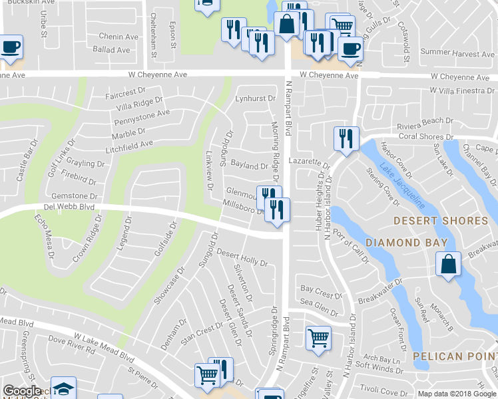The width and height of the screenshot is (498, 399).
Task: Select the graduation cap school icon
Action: [x=63, y=388]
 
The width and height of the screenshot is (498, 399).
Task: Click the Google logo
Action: [x=22, y=391]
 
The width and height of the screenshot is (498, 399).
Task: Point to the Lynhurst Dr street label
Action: [x=255, y=98]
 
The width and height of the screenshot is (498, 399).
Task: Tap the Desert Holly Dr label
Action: [x=242, y=258]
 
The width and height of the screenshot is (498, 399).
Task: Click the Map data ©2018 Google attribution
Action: [x=457, y=394]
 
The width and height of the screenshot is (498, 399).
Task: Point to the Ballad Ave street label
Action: [x=111, y=50]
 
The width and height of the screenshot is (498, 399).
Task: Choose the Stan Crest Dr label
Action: [x=201, y=331]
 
